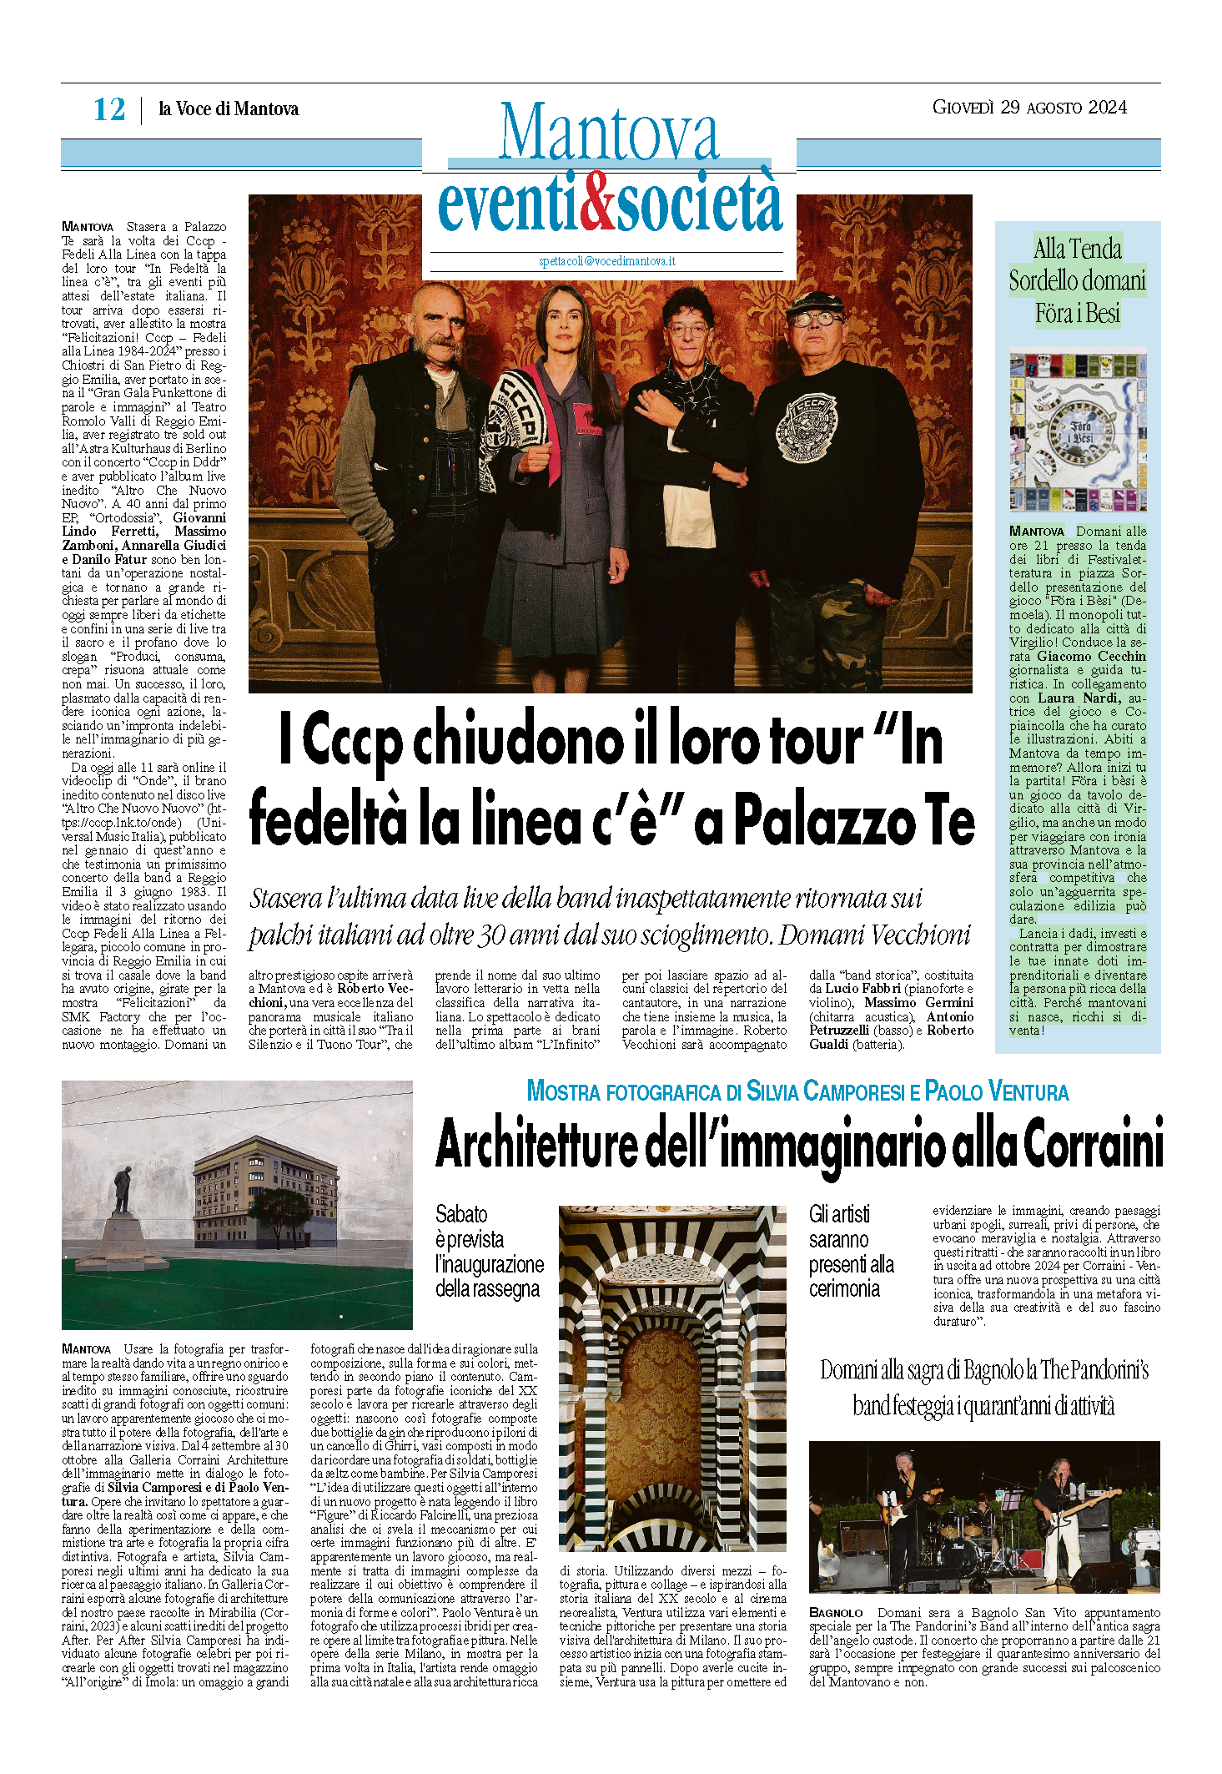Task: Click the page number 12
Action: point(109,109)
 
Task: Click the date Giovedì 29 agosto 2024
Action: point(1029,108)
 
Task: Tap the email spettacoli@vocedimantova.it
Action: point(606,261)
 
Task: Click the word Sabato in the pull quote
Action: point(461,1214)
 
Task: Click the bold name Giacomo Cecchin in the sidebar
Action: point(1091,657)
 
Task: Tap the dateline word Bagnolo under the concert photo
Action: point(836,1613)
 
